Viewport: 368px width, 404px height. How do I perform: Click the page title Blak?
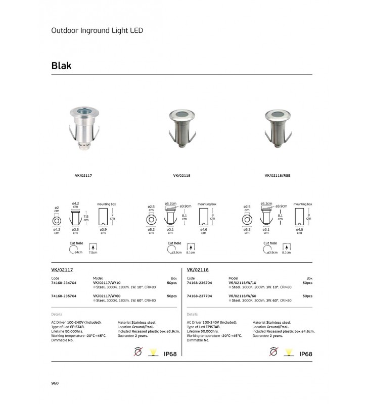tap(61, 66)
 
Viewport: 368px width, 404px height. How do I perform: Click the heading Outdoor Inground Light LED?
tap(98, 30)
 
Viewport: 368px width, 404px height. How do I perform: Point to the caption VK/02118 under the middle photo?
tap(181, 176)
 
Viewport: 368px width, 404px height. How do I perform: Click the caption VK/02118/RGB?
tap(278, 176)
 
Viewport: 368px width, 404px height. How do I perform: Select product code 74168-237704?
tap(199, 295)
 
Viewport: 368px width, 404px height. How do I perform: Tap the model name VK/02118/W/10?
tap(242, 283)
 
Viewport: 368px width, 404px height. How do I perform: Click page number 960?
tap(56, 383)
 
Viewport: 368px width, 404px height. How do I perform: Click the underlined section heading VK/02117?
tap(63, 270)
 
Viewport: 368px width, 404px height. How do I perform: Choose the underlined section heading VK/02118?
tap(198, 270)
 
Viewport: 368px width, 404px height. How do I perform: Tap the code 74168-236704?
tap(199, 283)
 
